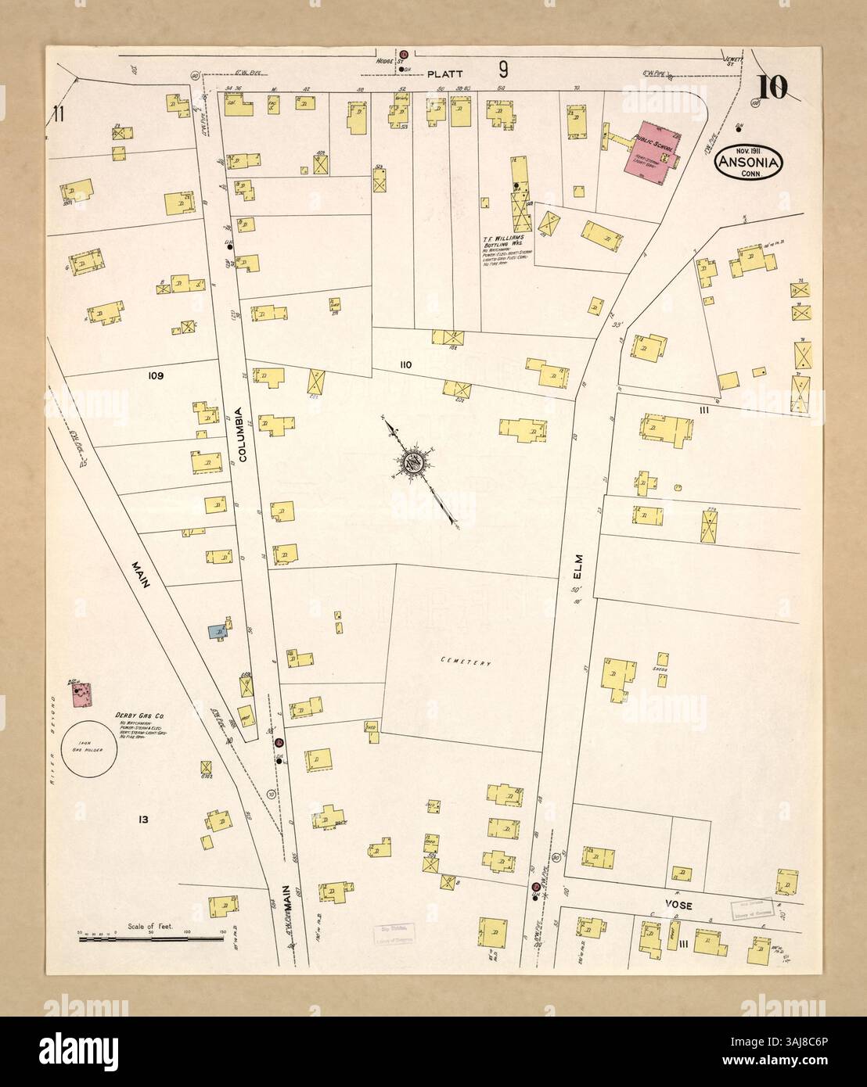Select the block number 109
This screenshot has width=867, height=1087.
pos(153,375)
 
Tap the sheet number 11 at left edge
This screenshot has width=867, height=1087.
pos(57,114)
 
